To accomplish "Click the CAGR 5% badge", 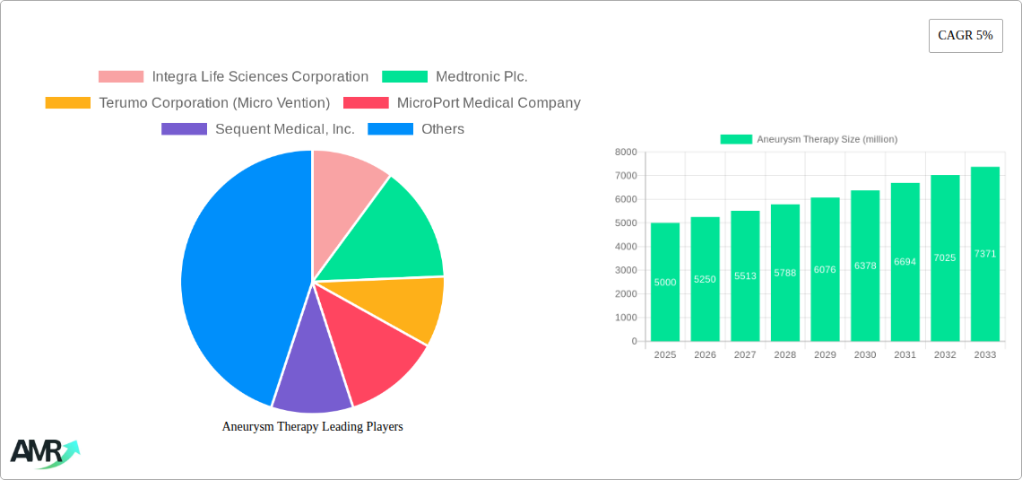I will pyautogui.click(x=966, y=36).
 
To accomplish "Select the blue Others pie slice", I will pyautogui.click(x=233, y=278).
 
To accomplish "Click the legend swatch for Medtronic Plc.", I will pyautogui.click(x=404, y=77).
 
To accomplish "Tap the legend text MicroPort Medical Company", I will pyautogui.click(x=489, y=103).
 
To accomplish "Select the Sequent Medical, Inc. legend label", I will pyautogui.click(x=285, y=129).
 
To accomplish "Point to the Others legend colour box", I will pyautogui.click(x=390, y=129).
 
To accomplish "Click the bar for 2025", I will pyautogui.click(x=665, y=282).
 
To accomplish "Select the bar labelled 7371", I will pyautogui.click(x=984, y=254).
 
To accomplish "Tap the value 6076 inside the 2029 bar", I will pyautogui.click(x=825, y=270).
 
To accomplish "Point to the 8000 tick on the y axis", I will pyautogui.click(x=626, y=153).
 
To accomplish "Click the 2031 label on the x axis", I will pyautogui.click(x=905, y=355).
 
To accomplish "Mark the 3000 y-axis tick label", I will pyautogui.click(x=626, y=270).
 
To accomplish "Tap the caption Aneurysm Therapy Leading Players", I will pyautogui.click(x=312, y=427).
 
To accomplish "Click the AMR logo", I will pyautogui.click(x=44, y=453).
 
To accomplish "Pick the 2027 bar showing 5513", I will pyautogui.click(x=745, y=275).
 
